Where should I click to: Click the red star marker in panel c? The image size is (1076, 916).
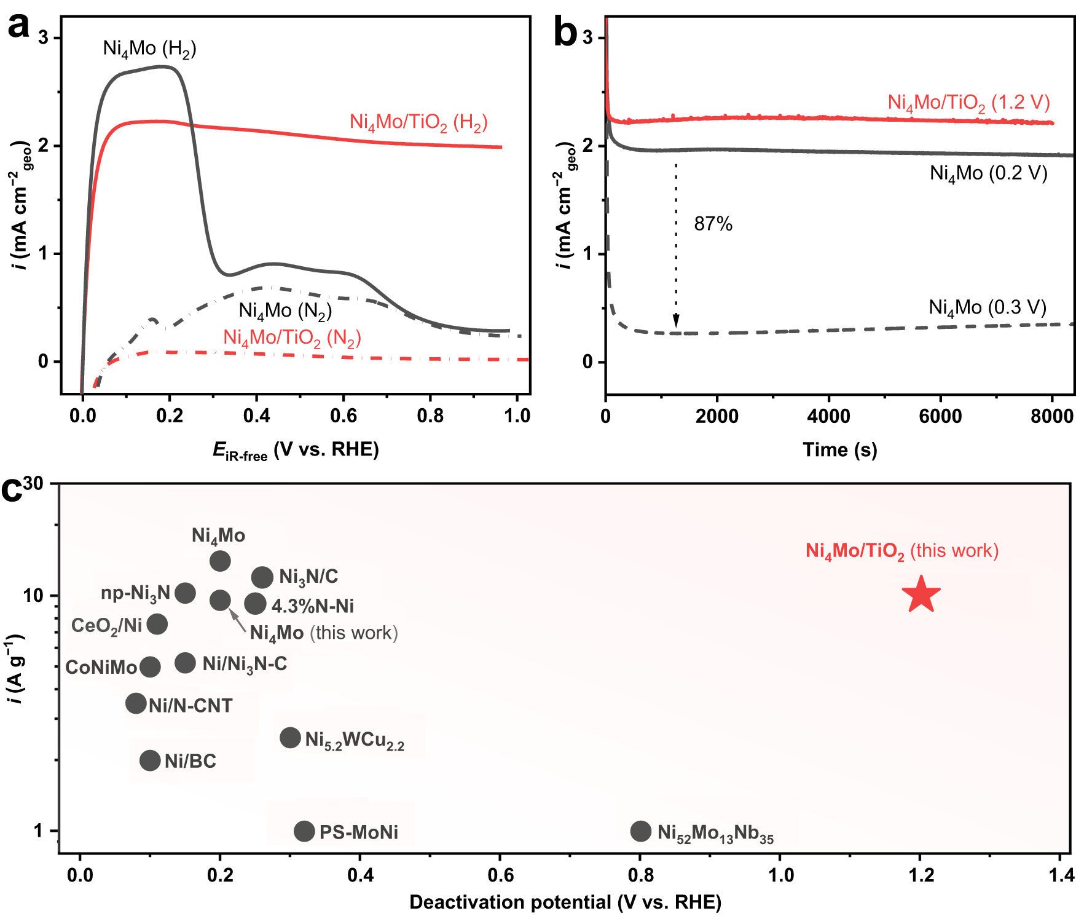pos(921,595)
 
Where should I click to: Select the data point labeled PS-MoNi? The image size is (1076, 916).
pos(304,831)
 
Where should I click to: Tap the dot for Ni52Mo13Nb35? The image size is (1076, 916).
pos(640,831)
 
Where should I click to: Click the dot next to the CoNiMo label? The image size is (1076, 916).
pos(150,666)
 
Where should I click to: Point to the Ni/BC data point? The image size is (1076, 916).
pos(150,760)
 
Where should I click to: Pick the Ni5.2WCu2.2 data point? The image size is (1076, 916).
pos(290,738)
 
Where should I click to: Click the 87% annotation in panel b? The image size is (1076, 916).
pos(713,224)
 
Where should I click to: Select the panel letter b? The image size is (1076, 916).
pos(565,32)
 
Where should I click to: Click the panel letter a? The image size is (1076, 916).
pos(18,26)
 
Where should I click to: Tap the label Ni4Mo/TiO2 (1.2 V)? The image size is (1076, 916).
pos(968,103)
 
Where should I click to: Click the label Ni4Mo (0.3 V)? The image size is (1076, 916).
pos(987,307)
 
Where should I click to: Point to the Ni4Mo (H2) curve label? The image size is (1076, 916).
pos(149,49)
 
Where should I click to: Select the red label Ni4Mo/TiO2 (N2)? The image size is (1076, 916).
pos(292,338)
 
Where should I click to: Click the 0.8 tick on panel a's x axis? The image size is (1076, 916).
pos(430,416)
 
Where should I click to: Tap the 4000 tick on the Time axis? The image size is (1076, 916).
pos(828,416)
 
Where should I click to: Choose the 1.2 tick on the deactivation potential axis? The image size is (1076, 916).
pos(920,874)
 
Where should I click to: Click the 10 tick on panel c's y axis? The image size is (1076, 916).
pos(33,595)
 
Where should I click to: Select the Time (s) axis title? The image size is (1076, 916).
pos(839,450)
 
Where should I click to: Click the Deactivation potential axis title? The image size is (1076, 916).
pos(565,902)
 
